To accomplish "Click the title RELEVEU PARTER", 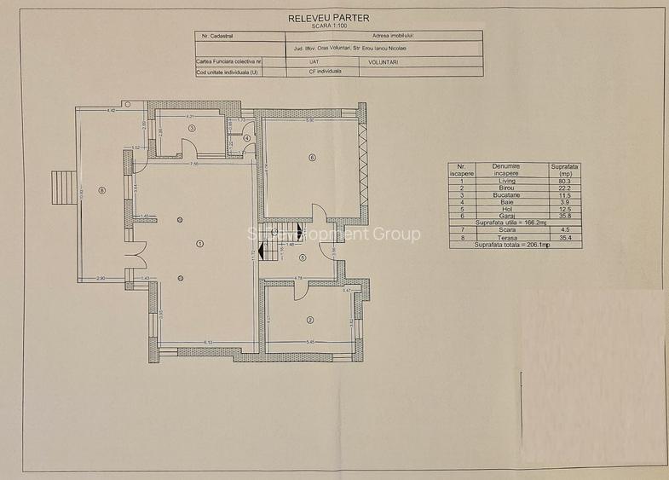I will (x=328, y=17).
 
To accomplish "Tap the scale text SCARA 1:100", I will (x=328, y=26).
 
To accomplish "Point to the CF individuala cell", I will (x=325, y=72).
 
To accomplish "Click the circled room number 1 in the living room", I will (x=200, y=243).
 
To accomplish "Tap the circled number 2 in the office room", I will (x=310, y=321).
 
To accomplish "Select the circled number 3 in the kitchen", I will (x=193, y=128).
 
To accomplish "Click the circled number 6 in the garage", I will (x=313, y=157).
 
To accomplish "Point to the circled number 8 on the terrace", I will (x=101, y=190).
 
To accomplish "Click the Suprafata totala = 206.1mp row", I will (x=515, y=245).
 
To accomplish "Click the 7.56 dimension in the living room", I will (x=194, y=164).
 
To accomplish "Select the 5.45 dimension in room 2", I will (x=312, y=343).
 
